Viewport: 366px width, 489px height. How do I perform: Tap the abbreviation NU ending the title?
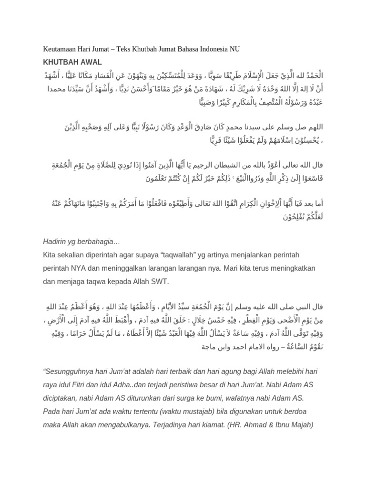click(234, 49)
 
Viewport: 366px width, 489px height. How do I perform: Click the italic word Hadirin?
click(55, 242)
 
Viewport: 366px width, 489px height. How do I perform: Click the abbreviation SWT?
click(158, 282)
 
